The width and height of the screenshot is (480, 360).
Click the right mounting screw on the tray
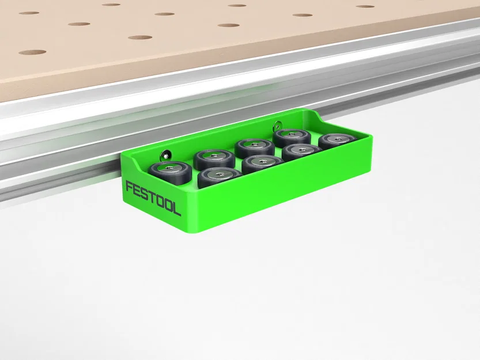[x=278, y=123]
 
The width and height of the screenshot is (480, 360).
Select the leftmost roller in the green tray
[x=170, y=171]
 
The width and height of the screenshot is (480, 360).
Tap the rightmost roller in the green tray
[x=336, y=141]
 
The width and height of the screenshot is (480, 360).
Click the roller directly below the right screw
[x=292, y=137]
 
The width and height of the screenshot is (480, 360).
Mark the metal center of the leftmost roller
[x=170, y=168]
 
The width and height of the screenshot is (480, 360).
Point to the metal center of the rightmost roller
[x=336, y=138]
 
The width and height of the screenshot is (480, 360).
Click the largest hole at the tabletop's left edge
[x=32, y=52]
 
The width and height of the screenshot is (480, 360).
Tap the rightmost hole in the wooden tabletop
[x=365, y=6]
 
